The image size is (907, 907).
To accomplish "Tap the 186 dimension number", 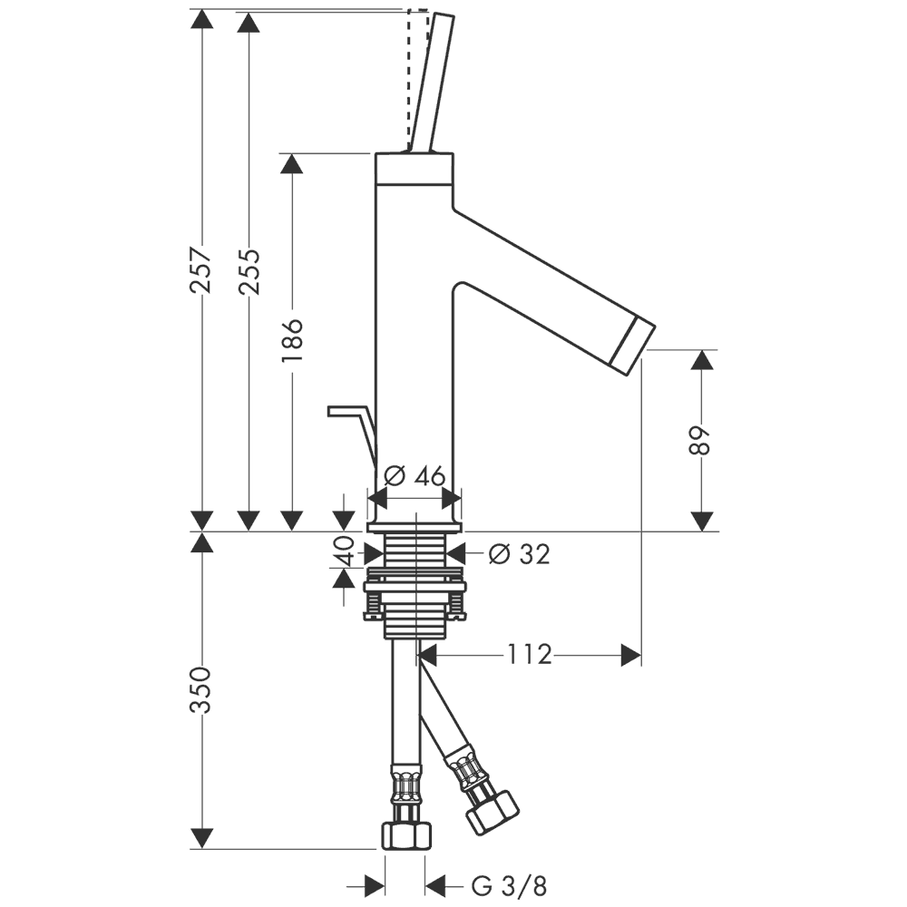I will click(x=292, y=341).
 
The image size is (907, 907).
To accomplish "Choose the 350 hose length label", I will click(x=201, y=689).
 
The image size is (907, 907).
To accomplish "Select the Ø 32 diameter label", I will click(x=519, y=554).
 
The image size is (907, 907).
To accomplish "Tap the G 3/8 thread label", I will click(x=509, y=884).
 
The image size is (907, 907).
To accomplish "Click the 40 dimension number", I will click(x=344, y=551).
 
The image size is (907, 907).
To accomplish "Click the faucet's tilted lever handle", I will click(x=432, y=82).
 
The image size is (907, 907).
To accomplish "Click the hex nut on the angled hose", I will click(x=491, y=811).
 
